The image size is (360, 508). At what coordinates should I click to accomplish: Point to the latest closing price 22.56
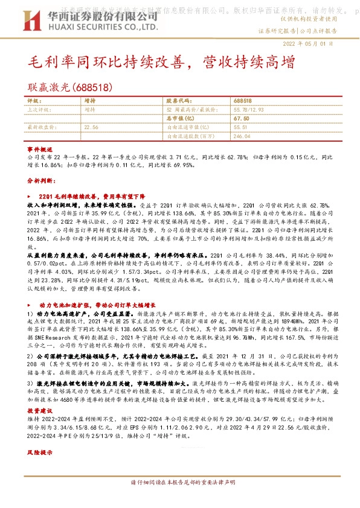tap(91, 128)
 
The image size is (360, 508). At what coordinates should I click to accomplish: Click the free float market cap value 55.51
tap(240, 128)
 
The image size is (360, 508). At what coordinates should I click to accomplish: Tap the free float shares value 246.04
tap(242, 136)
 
